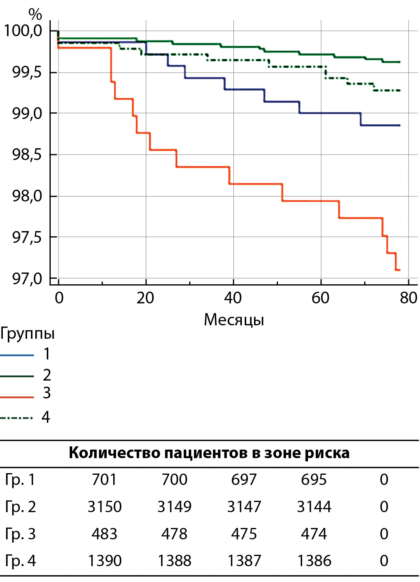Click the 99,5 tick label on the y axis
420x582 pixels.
click(27, 73)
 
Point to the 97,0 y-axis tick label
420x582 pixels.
click(27, 279)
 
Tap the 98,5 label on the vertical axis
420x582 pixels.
click(27, 155)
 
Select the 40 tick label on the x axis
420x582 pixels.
click(233, 299)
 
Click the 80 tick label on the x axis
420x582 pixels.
click(408, 299)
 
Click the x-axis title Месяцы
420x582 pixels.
click(234, 320)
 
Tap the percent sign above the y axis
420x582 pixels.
click(35, 15)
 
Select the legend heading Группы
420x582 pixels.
click(27, 333)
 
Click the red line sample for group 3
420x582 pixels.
click(17, 397)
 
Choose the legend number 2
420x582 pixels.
click(47, 375)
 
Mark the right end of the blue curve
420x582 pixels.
click(399, 125)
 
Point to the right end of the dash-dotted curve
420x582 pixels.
click(399, 91)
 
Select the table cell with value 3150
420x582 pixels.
click(105, 507)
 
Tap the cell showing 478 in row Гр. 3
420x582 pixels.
click(174, 534)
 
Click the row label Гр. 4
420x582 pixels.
click(20, 561)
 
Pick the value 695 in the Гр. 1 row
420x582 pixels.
click(314, 480)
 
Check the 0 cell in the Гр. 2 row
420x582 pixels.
click(384, 507)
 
